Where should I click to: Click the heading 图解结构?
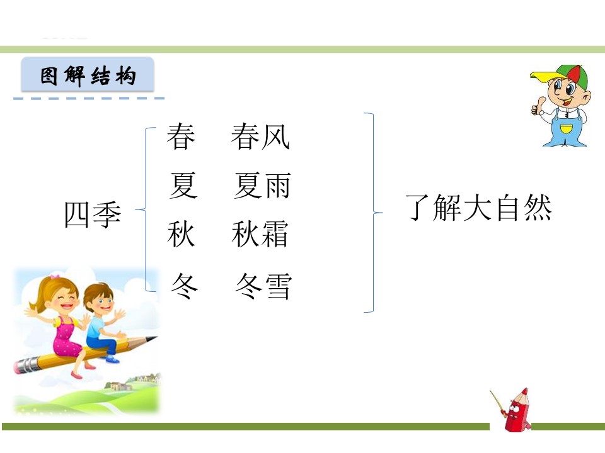88,76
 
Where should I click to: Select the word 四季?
93,215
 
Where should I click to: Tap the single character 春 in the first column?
181,137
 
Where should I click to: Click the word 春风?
260,137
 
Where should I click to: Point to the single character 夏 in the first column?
183,186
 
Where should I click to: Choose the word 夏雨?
262,186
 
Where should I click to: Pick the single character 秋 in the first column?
181,234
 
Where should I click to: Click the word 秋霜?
260,234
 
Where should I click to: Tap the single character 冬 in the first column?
185,286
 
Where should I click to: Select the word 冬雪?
263,286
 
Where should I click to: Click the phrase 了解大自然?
479,208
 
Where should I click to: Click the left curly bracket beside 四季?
147,210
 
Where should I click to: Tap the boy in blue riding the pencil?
101,321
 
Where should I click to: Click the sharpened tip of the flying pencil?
154,338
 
